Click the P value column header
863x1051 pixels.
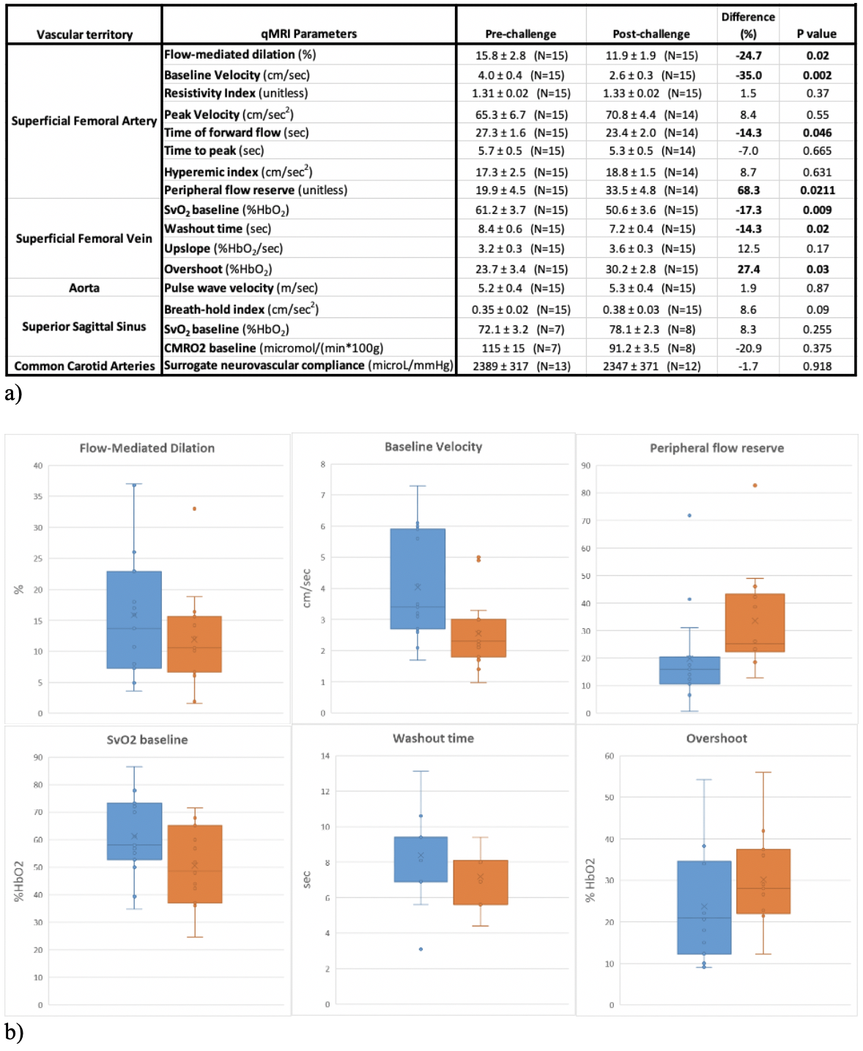tap(816, 34)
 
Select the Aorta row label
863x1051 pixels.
tap(84, 288)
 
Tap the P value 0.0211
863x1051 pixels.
tap(817, 190)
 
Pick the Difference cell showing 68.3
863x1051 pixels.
tap(748, 190)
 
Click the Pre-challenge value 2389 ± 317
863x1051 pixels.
tap(521, 366)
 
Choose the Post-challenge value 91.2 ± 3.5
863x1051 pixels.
tap(651, 348)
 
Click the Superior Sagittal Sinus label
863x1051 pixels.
tap(84, 327)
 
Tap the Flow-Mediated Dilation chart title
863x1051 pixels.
tap(147, 448)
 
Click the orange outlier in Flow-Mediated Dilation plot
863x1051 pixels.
tap(194, 509)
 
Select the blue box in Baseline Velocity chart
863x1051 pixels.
tap(418, 578)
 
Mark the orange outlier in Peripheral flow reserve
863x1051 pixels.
tap(755, 485)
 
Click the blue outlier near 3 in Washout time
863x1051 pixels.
tap(421, 949)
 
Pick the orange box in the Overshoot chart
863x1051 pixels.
tap(763, 881)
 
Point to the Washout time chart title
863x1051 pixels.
tap(433, 738)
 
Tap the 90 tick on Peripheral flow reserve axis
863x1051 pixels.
tap(585, 465)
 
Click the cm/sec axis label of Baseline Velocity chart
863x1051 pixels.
tap(307, 588)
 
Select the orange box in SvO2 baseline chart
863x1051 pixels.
tap(194, 863)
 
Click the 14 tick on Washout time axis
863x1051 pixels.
tap(325, 756)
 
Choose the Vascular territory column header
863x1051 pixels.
tap(84, 34)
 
